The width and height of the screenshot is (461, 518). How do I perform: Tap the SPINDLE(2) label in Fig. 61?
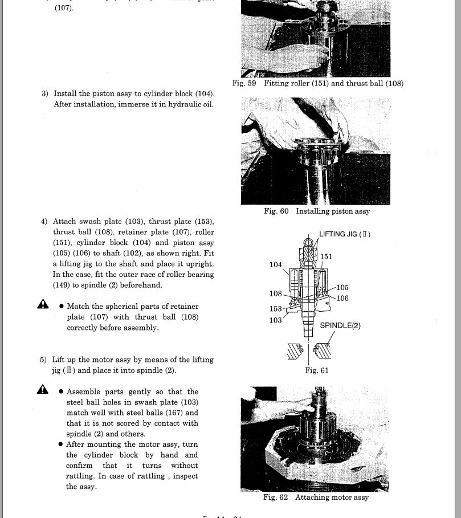340,326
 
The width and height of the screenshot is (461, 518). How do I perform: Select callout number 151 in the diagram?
326,257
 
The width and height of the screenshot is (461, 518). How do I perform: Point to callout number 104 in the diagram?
276,264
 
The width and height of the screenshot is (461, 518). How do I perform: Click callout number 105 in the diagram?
342,288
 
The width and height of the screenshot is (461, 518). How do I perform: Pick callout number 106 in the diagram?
342,298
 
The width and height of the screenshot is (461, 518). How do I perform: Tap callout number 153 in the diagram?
276,309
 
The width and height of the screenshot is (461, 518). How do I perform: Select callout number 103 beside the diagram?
276,320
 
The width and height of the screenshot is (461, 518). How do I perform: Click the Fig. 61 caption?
317,370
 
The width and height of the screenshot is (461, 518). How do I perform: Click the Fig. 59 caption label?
244,83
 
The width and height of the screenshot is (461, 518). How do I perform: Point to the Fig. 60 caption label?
276,211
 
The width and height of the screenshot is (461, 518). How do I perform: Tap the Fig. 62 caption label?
276,497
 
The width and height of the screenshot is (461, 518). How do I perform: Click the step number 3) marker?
44,93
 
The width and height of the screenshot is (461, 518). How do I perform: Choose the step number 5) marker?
43,360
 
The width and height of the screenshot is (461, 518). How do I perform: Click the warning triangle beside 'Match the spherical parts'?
43,305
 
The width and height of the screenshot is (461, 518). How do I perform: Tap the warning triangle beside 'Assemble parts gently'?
43,390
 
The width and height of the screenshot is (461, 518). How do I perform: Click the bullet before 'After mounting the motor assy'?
61,444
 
